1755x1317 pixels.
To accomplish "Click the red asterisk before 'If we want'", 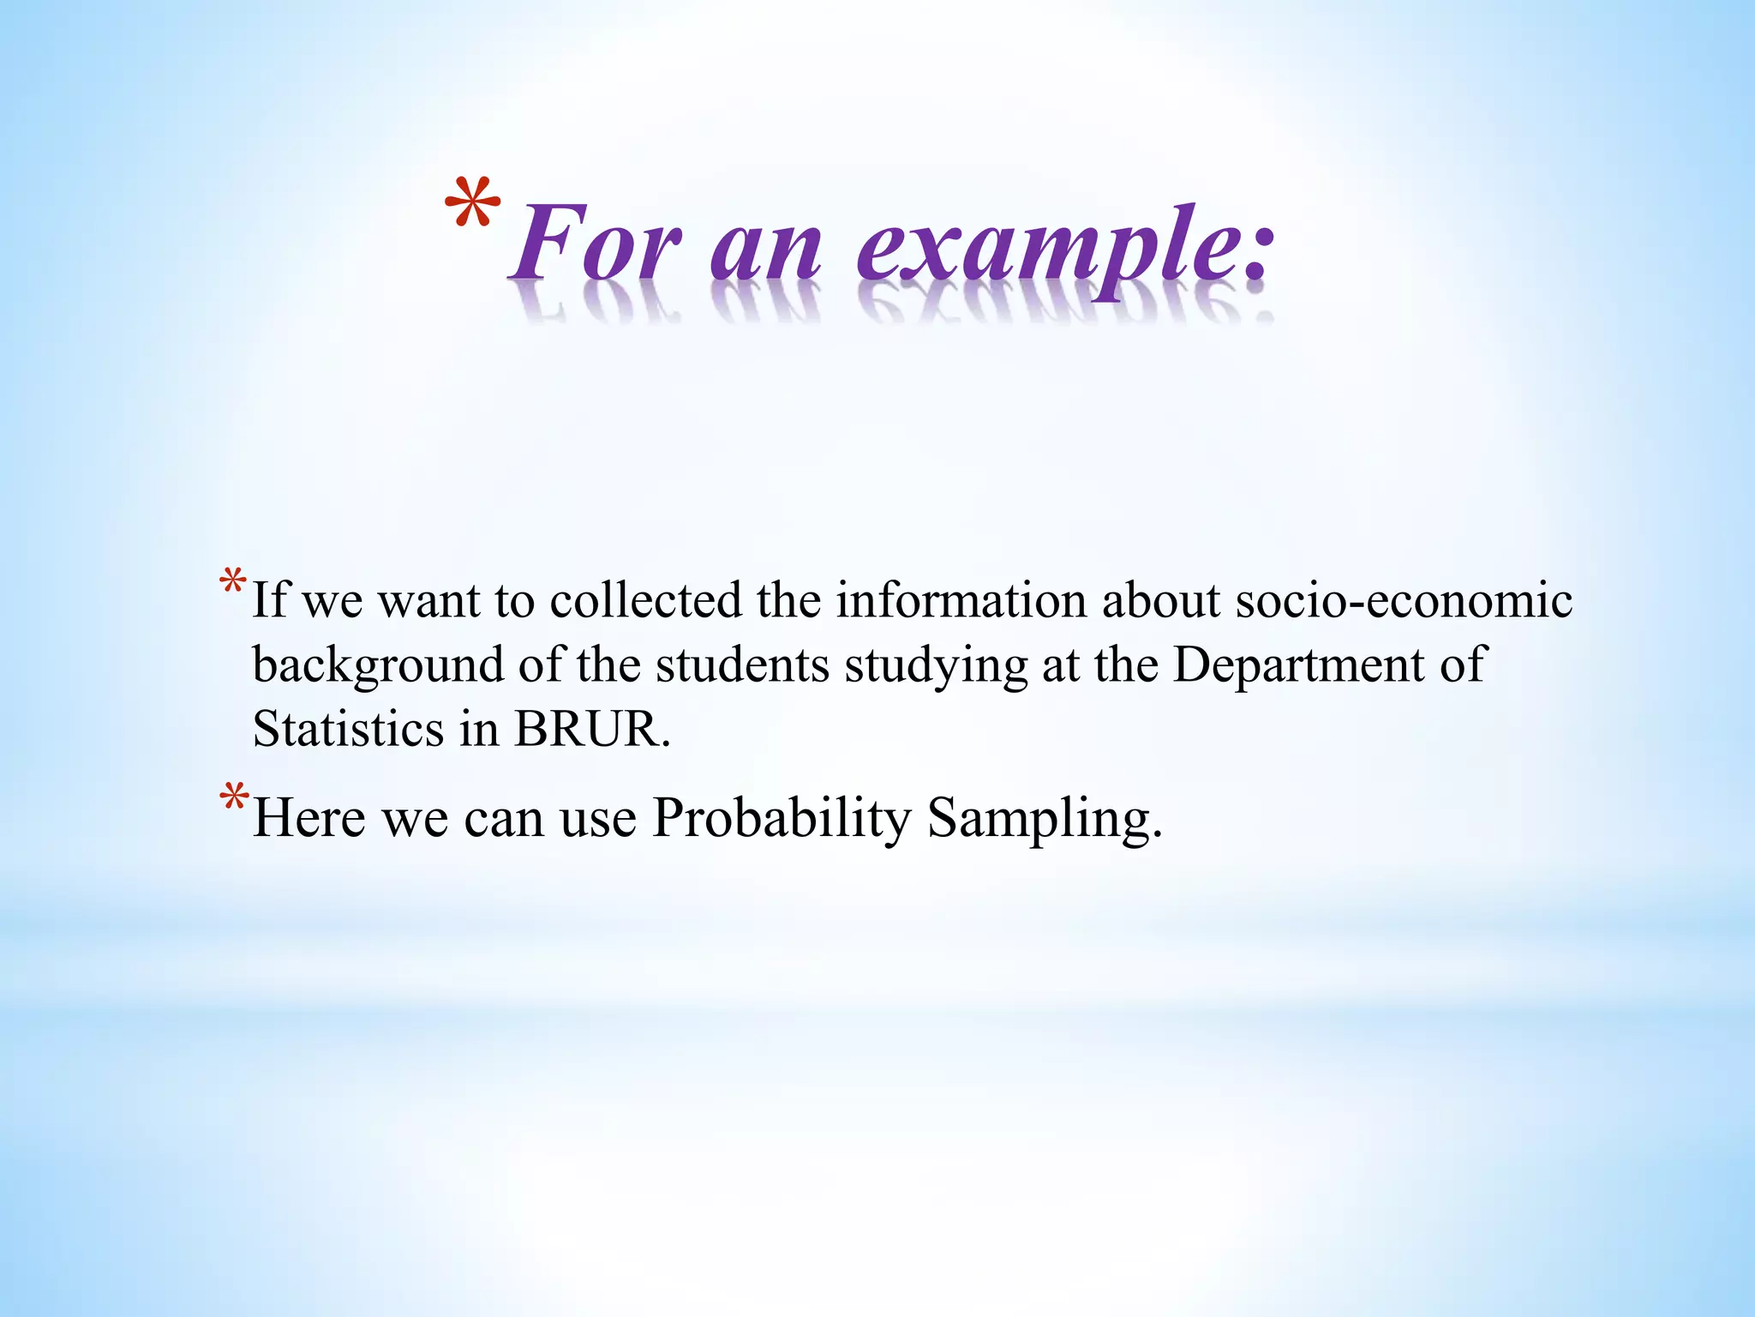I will point(233,582).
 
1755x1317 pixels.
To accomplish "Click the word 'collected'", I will point(645,600).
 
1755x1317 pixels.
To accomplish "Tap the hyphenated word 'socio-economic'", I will point(1404,600).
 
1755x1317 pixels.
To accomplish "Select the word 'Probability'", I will point(782,819).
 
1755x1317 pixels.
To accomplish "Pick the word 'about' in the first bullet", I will point(1161,600).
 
